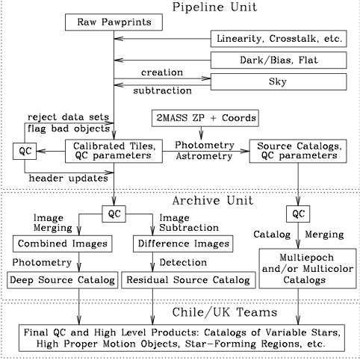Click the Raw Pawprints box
pyautogui.click(x=114, y=22)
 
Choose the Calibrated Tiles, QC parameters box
pyautogui.click(x=114, y=151)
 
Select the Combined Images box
pyautogui.click(x=60, y=244)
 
